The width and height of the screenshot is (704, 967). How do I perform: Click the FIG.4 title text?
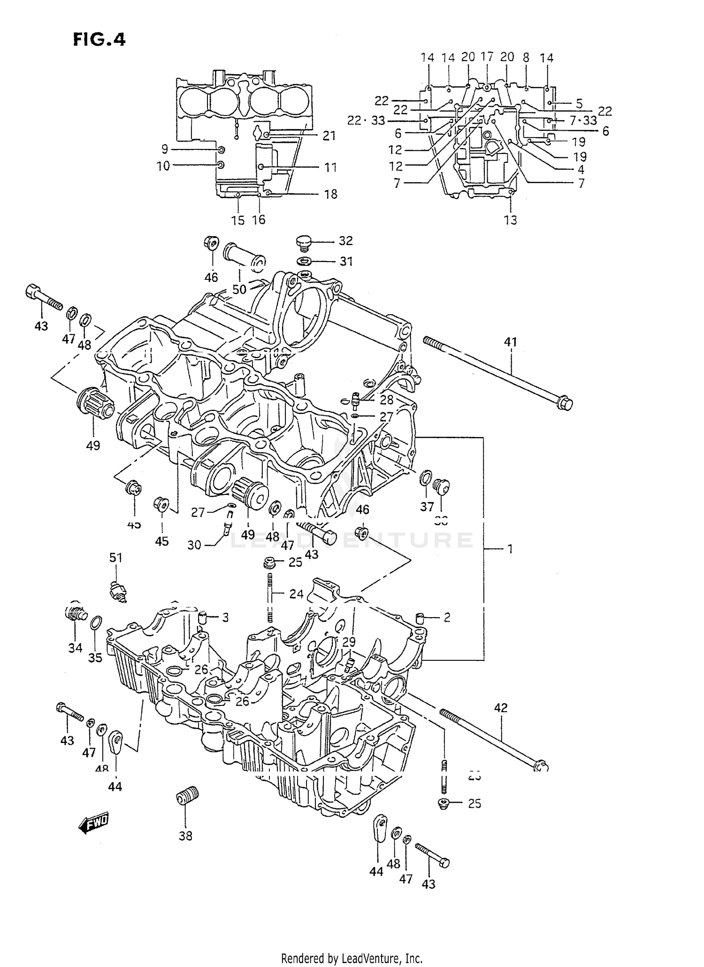click(x=99, y=39)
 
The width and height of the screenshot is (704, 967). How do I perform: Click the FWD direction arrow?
click(x=93, y=823)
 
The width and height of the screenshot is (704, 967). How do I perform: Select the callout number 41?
click(x=510, y=342)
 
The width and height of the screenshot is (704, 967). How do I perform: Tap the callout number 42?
click(x=501, y=707)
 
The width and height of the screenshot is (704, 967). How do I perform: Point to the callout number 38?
click(x=185, y=835)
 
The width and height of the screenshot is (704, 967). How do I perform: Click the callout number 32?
click(x=345, y=241)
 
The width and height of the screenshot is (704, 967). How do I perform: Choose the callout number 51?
click(x=115, y=557)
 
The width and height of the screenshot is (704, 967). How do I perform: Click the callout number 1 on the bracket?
click(x=509, y=549)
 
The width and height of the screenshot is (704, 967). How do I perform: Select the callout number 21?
click(x=329, y=136)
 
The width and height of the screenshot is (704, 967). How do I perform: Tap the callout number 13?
click(x=510, y=220)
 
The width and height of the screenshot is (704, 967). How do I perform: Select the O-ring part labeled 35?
click(x=95, y=623)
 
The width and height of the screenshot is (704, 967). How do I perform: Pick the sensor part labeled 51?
click(x=118, y=590)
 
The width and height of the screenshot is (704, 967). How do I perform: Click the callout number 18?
click(x=331, y=194)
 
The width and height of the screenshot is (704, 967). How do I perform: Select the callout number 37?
click(x=427, y=507)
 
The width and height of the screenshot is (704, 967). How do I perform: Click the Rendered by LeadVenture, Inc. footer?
click(x=352, y=958)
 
